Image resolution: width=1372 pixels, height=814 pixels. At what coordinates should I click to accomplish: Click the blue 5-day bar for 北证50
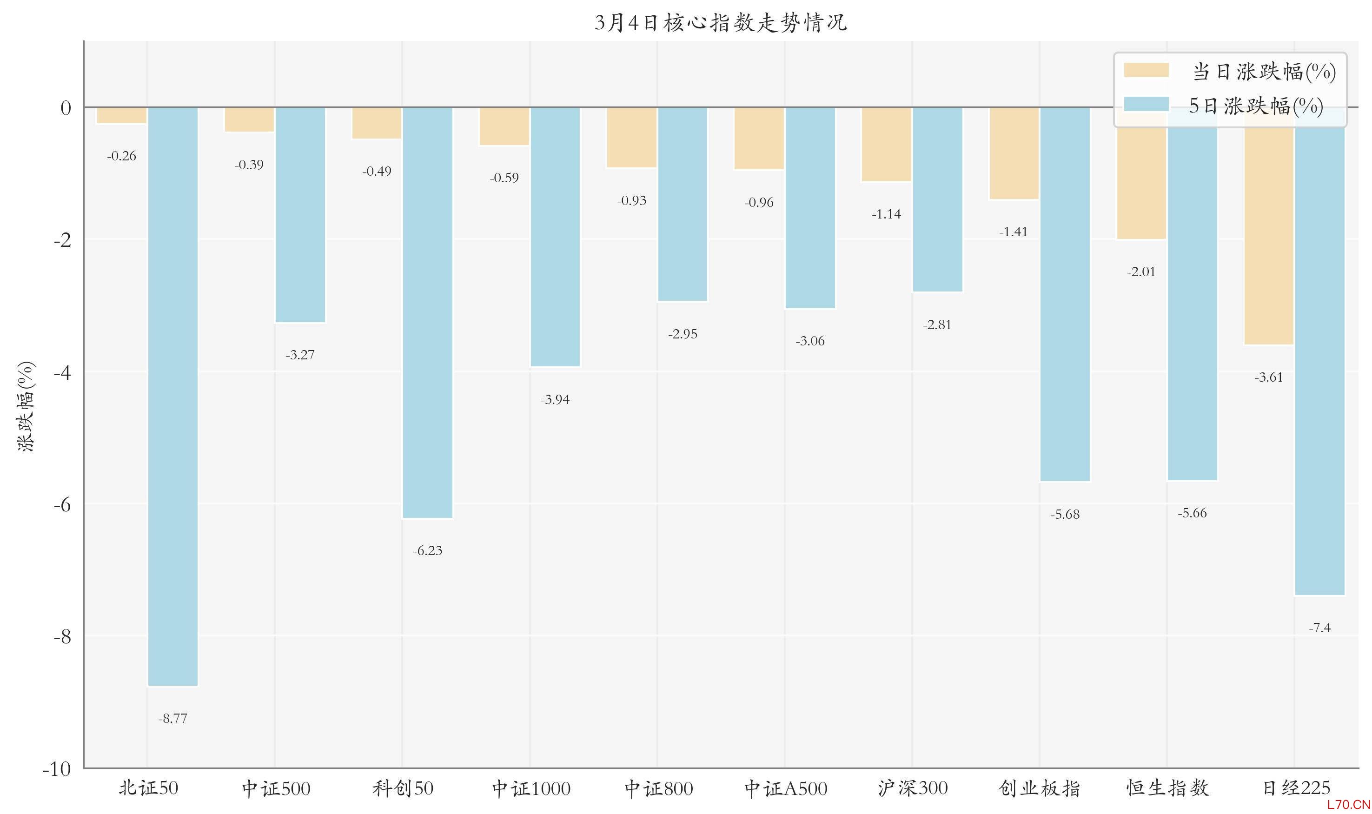pyautogui.click(x=173, y=396)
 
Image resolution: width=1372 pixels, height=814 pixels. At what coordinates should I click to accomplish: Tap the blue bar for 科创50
pyautogui.click(x=427, y=313)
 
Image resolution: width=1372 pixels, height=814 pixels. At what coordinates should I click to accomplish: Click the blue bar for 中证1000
pyautogui.click(x=555, y=237)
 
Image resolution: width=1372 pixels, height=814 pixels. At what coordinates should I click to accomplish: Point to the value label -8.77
pyautogui.click(x=173, y=719)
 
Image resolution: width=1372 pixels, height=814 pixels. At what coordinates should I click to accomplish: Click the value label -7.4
pyautogui.click(x=1319, y=628)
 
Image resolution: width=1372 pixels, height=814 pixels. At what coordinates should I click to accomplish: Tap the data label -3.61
pyautogui.click(x=1269, y=377)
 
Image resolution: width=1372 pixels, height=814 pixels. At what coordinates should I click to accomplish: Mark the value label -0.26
pyautogui.click(x=122, y=156)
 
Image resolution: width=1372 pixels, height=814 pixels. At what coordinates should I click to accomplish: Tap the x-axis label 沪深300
pyautogui.click(x=913, y=788)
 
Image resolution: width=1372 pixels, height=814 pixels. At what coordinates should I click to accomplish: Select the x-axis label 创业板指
pyautogui.click(x=1040, y=788)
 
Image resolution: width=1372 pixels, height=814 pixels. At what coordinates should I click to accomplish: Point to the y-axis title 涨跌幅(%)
pyautogui.click(x=27, y=406)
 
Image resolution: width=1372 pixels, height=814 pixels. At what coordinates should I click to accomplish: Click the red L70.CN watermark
pyautogui.click(x=1348, y=805)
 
